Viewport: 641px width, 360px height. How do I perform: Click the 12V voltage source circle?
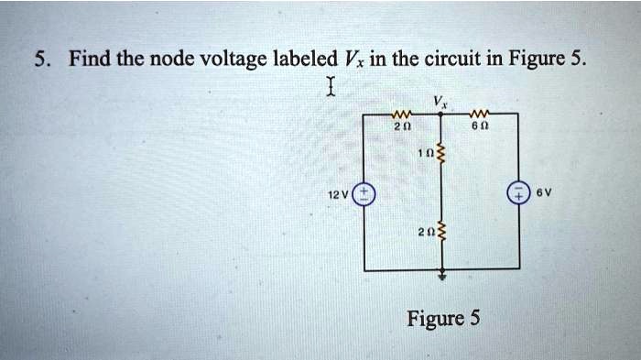pyautogui.click(x=364, y=194)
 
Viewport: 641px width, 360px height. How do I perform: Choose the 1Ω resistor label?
pyautogui.click(x=425, y=154)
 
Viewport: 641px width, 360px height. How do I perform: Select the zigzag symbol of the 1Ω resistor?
pyautogui.click(x=443, y=155)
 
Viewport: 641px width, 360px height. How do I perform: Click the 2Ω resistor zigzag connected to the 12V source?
pyautogui.click(x=401, y=115)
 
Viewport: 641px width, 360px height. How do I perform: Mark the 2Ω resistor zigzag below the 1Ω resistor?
pyautogui.click(x=443, y=231)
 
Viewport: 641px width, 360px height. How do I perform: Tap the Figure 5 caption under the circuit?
pyautogui.click(x=443, y=319)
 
